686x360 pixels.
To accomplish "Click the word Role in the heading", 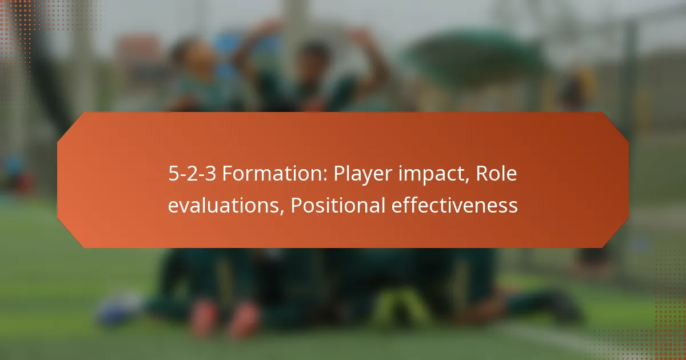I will pyautogui.click(x=495, y=174).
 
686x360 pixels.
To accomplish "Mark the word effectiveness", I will pyautogui.click(x=454, y=205).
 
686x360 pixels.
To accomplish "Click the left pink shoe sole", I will pyautogui.click(x=205, y=317).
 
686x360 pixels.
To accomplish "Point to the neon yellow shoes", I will pyautogui.click(x=400, y=309).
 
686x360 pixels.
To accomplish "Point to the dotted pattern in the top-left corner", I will pyautogui.click(x=23, y=23).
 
